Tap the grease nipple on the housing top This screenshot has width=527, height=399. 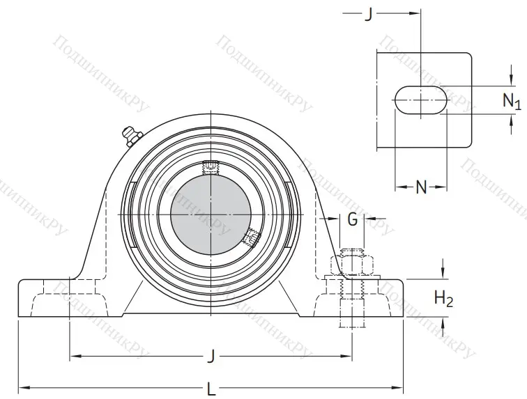tap(130, 135)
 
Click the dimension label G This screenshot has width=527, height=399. tap(353, 220)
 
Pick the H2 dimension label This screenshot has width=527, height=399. tap(443, 299)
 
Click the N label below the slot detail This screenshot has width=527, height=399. tap(421, 186)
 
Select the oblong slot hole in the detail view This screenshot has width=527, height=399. tap(420, 99)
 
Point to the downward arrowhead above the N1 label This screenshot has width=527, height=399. tap(508, 81)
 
